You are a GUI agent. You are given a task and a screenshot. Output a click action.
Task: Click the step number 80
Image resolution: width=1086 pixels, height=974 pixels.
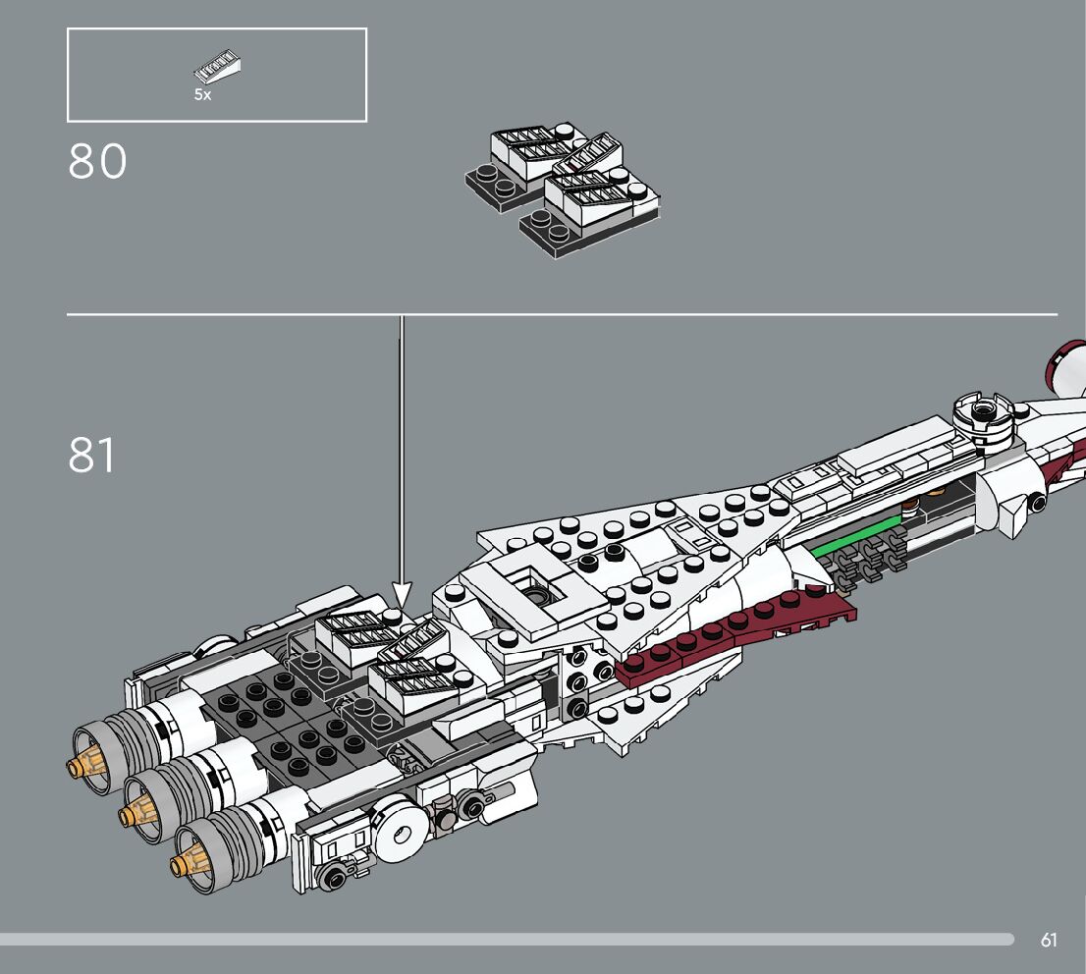coord(97,163)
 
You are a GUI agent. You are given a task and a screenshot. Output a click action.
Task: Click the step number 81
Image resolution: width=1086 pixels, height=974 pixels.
coord(91,456)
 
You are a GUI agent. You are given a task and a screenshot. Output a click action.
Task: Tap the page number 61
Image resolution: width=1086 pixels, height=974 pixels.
coord(1049,940)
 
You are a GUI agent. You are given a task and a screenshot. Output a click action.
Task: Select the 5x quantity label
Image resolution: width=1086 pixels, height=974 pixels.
coord(202,95)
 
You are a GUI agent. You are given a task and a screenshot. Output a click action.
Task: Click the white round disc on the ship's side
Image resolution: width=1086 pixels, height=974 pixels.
coord(401,835)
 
